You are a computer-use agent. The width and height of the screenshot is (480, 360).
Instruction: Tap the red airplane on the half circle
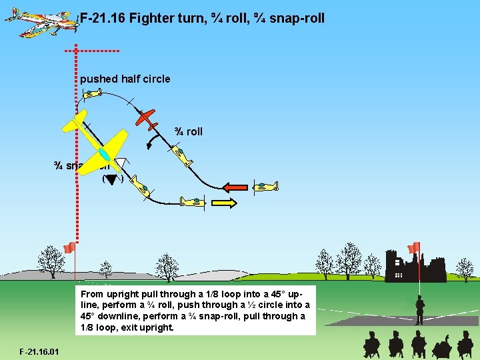pyautogui.click(x=147, y=119)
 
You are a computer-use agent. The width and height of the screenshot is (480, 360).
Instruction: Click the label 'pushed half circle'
pyautogui.click(x=125, y=79)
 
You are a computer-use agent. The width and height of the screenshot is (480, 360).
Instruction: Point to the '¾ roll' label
pyautogui.click(x=189, y=131)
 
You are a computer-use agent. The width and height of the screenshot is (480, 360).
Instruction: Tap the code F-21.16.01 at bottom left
pyautogui.click(x=39, y=351)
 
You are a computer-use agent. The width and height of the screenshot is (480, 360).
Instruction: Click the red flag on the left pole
pyautogui.click(x=68, y=248)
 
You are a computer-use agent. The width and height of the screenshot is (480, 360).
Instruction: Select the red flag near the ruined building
pyautogui.click(x=415, y=247)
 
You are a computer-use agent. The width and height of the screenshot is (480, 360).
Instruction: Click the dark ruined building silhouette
pyautogui.click(x=414, y=268)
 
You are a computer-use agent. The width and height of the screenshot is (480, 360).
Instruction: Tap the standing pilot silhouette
pyautogui.click(x=420, y=309)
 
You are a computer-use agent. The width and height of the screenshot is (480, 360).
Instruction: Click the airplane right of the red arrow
pyautogui.click(x=265, y=187)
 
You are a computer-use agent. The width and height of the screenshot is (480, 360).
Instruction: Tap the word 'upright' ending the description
pyautogui.click(x=155, y=328)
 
